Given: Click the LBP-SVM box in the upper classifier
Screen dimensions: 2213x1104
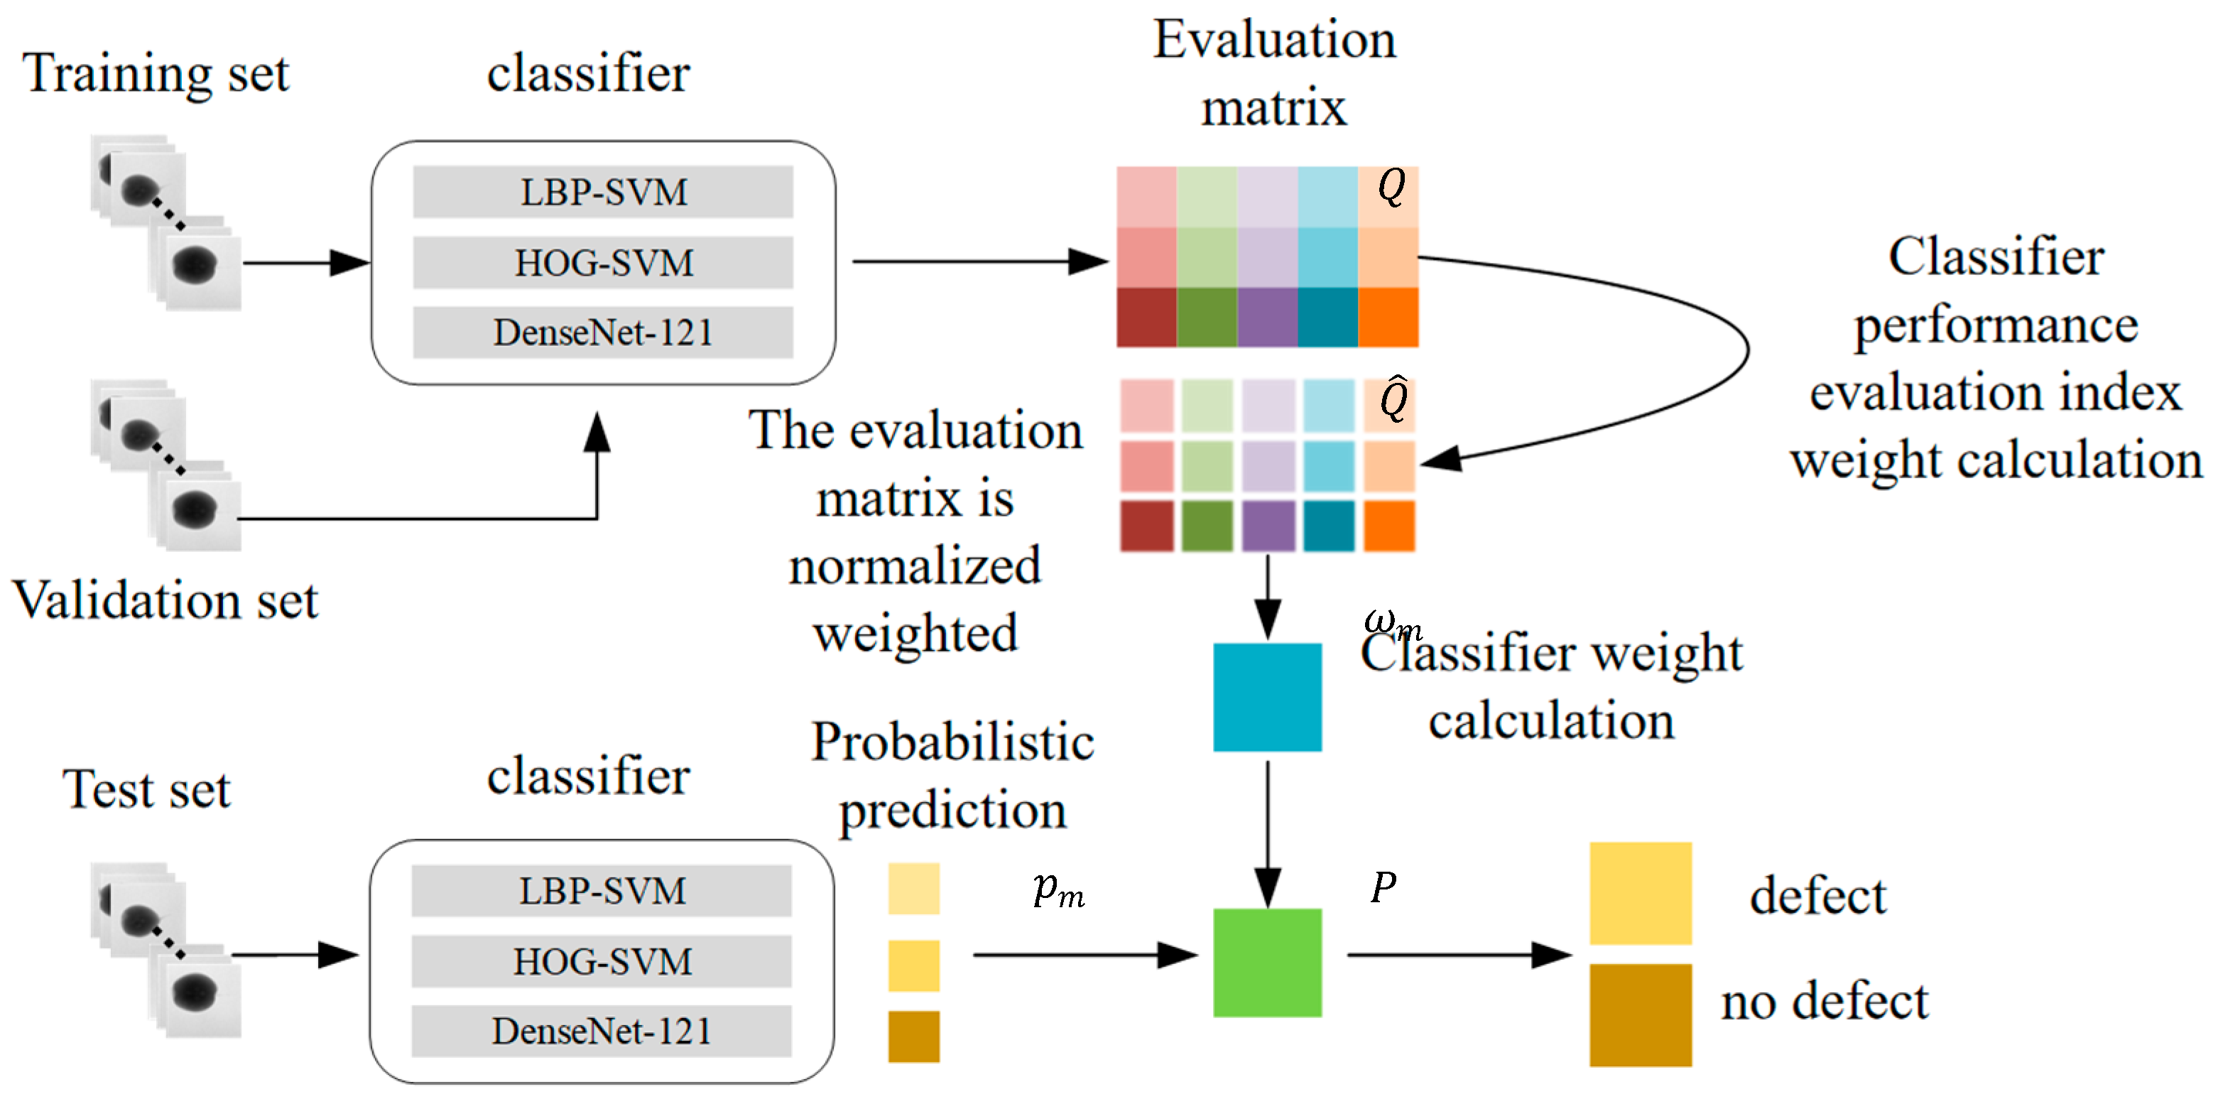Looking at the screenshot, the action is click(x=603, y=192).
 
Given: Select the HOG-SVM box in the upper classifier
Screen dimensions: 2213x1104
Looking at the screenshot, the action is click(x=603, y=262).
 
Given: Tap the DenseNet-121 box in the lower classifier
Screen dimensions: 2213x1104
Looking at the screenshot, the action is click(x=602, y=1031).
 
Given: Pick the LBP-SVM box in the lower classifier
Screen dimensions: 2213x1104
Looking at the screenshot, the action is click(x=602, y=890).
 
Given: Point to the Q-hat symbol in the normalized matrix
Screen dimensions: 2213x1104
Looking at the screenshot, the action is click(x=1393, y=399).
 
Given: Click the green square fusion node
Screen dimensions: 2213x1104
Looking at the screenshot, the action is click(x=1267, y=962).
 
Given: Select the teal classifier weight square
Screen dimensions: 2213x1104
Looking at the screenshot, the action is click(x=1267, y=697).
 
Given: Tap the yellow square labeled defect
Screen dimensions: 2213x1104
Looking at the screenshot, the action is click(x=1640, y=894).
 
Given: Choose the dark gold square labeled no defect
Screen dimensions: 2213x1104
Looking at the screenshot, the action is click(x=1640, y=1014).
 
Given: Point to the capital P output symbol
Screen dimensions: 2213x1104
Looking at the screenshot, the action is click(x=1384, y=887).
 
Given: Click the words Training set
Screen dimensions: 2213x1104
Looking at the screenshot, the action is click(x=156, y=74).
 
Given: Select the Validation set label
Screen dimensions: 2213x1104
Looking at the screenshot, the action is click(x=165, y=599).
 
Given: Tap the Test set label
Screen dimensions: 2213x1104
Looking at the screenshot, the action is click(x=147, y=789).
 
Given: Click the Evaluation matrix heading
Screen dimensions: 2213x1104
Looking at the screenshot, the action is click(x=1274, y=74).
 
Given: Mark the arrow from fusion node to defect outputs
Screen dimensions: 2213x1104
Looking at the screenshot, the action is click(x=1459, y=955).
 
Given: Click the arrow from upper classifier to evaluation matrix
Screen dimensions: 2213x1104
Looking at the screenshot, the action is click(x=980, y=261).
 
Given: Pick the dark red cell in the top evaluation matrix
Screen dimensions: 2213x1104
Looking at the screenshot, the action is click(x=1146, y=317).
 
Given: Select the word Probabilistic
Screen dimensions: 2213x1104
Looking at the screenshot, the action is click(x=952, y=742).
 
